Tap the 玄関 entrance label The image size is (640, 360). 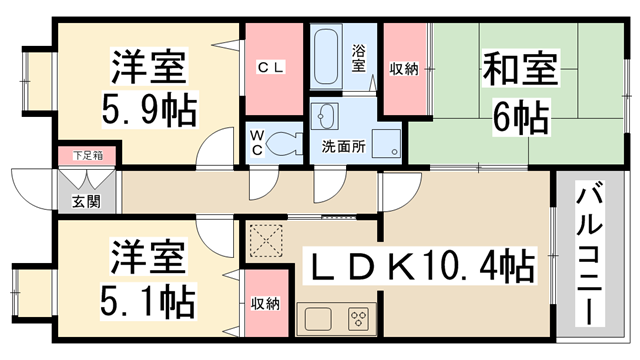(x=81, y=201)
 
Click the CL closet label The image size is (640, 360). (x=272, y=68)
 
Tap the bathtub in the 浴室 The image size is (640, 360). (x=327, y=57)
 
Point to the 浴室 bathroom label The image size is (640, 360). (x=359, y=58)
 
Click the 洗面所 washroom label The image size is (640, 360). (x=341, y=147)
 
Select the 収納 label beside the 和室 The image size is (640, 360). (x=403, y=68)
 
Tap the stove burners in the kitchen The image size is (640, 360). (x=359, y=320)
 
